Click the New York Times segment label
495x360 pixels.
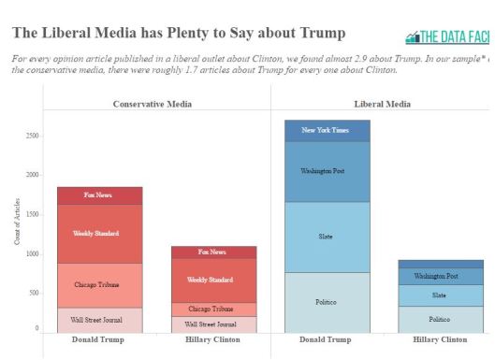(327, 130)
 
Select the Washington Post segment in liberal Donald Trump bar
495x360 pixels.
(327, 171)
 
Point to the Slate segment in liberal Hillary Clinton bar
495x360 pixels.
(439, 295)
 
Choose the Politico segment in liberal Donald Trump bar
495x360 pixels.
(327, 302)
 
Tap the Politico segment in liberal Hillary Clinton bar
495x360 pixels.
(439, 319)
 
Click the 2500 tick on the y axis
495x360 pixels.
(32, 136)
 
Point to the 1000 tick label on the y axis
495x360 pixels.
(32, 253)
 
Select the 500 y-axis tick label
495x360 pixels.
(34, 293)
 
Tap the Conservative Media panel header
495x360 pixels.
(153, 104)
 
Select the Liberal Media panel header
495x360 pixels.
(381, 104)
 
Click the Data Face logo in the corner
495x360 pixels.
(446, 37)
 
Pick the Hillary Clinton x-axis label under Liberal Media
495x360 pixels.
(439, 340)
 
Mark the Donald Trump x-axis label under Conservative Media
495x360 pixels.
(98, 340)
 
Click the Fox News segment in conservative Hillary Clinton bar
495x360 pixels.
(211, 252)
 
